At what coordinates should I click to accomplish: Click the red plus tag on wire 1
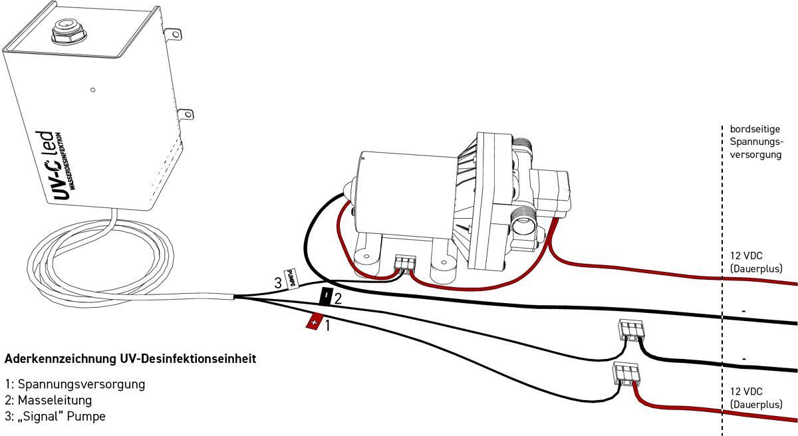click(x=315, y=321)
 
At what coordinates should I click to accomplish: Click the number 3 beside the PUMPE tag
click(x=278, y=283)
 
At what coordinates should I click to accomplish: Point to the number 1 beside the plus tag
click(x=327, y=325)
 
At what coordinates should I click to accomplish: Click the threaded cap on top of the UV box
click(x=68, y=31)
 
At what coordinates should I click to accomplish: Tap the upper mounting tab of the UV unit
click(x=174, y=34)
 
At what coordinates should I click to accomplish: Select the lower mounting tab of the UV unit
click(x=186, y=114)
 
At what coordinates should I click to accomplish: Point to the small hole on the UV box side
click(x=92, y=90)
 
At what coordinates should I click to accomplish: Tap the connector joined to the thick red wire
click(x=625, y=373)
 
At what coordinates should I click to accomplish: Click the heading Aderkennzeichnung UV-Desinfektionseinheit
click(x=130, y=359)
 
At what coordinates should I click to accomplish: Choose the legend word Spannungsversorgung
click(x=81, y=384)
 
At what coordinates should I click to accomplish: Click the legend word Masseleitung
click(x=55, y=400)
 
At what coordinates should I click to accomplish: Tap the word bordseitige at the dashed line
click(x=755, y=129)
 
